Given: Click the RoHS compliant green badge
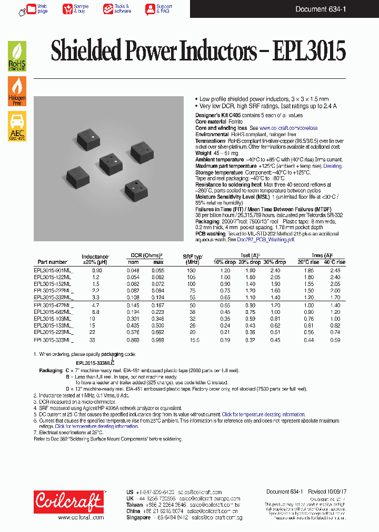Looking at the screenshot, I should pyautogui.click(x=17, y=57).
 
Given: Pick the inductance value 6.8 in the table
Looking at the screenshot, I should pyautogui.click(x=95, y=312).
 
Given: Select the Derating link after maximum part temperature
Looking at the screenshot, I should pyautogui.click(x=332, y=166).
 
